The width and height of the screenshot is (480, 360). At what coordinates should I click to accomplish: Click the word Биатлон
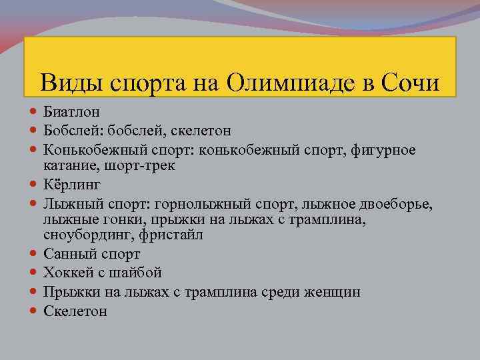pos(71,113)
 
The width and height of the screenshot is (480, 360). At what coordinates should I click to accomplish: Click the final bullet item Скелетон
pos(75,311)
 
